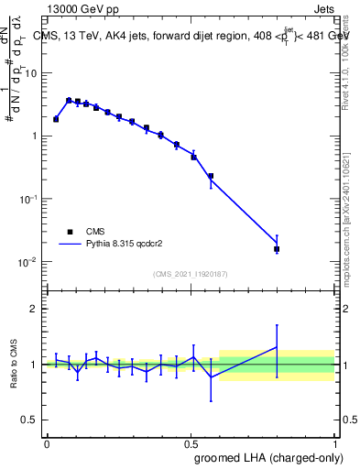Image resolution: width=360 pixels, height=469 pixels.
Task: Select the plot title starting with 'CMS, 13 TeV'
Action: pyautogui.click(x=191, y=36)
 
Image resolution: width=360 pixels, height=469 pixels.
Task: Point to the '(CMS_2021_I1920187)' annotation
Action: pyautogui.click(x=191, y=274)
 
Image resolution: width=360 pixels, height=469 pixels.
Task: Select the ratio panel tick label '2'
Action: pyautogui.click(x=34, y=309)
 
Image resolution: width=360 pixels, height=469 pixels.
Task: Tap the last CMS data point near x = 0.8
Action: pyautogui.click(x=277, y=249)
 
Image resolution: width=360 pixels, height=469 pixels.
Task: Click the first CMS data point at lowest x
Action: pyautogui.click(x=56, y=119)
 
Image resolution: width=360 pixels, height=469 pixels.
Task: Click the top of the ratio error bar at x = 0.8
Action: pyautogui.click(x=277, y=324)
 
